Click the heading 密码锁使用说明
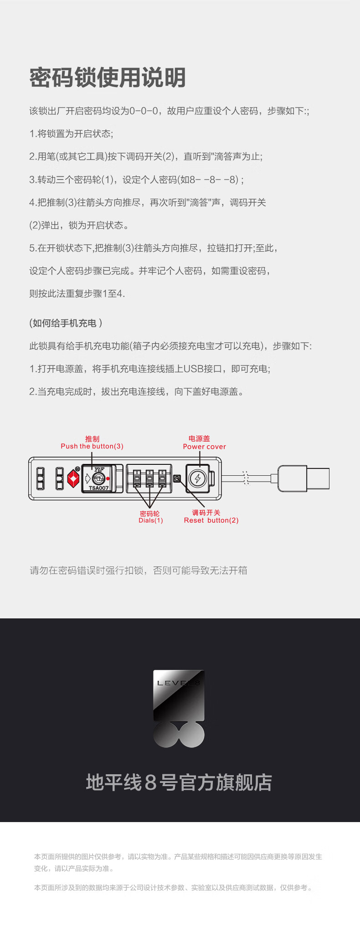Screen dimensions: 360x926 108,77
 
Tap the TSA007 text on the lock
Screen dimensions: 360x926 98,488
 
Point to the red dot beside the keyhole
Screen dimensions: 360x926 108,478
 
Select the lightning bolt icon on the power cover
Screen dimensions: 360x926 198,478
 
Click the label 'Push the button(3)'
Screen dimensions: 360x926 92,446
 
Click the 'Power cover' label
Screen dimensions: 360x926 205,447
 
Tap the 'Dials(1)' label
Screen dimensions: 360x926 151,520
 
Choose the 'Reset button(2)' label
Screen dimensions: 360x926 211,520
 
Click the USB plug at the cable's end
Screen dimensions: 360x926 304,478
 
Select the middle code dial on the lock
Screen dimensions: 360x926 149,478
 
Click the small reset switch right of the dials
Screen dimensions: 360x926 177,478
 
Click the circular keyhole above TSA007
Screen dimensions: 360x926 98,478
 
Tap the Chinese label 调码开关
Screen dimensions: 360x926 206,513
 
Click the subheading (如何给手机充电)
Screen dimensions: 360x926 66,323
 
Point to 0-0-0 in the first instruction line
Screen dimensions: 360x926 144,111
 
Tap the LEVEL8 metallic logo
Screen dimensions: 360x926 179,709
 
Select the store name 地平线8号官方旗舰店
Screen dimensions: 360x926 179,783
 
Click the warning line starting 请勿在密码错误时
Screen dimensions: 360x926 139,571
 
